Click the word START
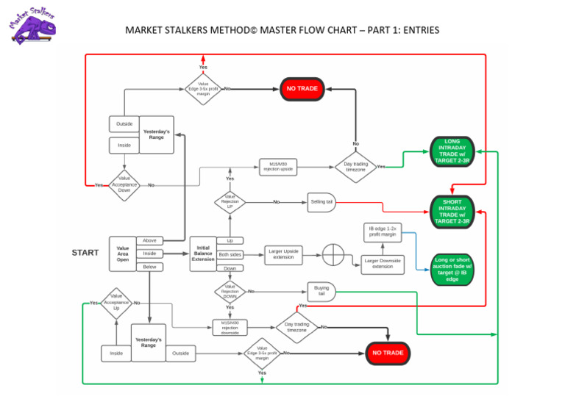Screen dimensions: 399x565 coord(85,253)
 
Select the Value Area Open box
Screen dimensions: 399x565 coord(122,254)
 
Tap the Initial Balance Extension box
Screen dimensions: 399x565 coord(203,254)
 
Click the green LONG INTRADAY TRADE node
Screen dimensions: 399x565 coord(452,151)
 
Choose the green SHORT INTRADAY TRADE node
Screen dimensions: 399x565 coord(452,211)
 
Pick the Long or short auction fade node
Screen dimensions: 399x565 coord(452,269)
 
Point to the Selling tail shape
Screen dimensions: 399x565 coord(321,201)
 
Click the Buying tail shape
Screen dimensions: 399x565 coord(321,292)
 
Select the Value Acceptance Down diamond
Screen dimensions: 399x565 coord(124,185)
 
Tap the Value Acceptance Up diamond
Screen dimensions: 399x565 coord(116,303)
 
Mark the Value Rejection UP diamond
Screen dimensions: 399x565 coord(230,201)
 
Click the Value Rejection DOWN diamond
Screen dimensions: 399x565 coord(230,291)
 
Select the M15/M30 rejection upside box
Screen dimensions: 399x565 coord(277,167)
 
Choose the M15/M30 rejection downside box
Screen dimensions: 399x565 coord(230,327)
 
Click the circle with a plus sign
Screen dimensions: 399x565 coord(333,254)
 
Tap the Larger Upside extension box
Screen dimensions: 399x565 coord(283,255)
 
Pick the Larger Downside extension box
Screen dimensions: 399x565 coord(383,263)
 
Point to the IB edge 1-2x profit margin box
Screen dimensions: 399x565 coord(383,231)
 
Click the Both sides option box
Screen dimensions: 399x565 coord(230,254)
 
